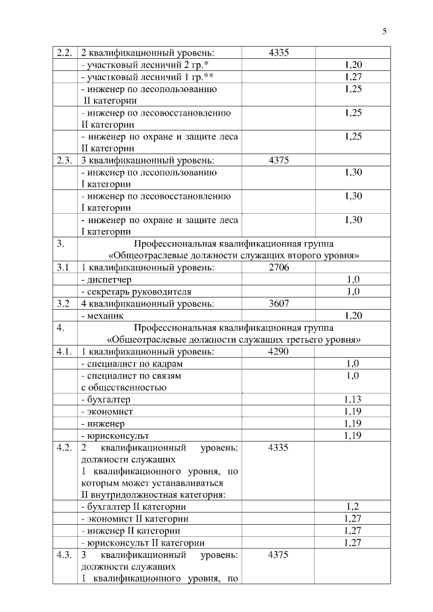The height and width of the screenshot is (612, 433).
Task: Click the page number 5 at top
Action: (384, 31)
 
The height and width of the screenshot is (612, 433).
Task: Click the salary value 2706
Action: (279, 267)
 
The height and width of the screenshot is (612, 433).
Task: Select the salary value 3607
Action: (279, 303)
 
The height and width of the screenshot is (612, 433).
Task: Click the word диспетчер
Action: (108, 279)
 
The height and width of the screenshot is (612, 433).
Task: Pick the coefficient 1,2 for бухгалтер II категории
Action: (352, 507)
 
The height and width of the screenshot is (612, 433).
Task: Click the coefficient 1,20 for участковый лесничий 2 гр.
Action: (352, 64)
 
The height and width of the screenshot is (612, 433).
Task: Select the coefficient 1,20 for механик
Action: (352, 315)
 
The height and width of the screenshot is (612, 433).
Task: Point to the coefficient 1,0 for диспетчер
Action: (352, 279)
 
